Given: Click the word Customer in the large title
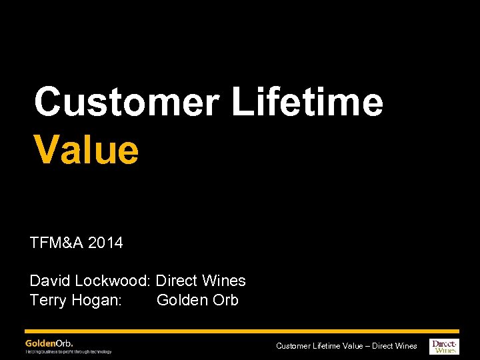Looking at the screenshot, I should point(127,103).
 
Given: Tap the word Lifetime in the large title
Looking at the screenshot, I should point(307,103).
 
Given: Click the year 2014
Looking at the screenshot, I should point(106,243).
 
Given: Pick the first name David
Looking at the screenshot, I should point(49,281).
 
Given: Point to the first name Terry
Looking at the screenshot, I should point(48,301).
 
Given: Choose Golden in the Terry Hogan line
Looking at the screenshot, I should point(182,301).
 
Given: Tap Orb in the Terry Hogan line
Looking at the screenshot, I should point(225,301).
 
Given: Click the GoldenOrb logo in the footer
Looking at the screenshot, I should point(49,343).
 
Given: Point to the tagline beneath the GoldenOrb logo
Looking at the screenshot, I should point(69,351).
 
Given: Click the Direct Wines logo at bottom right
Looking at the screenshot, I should point(445,345).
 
